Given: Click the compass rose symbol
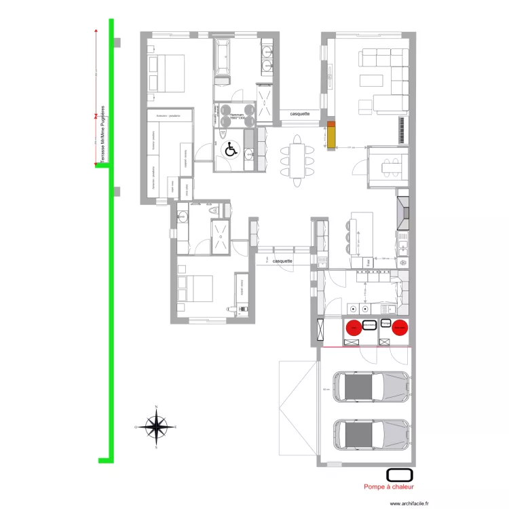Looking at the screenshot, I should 156,428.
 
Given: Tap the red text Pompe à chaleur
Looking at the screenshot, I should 388,486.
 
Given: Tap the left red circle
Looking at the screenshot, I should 354,328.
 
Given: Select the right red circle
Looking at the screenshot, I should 400,328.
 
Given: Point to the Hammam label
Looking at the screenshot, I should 238,117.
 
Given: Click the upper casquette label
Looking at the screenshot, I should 300,114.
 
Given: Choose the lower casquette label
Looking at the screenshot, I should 282,261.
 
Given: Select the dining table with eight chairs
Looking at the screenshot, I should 297,161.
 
